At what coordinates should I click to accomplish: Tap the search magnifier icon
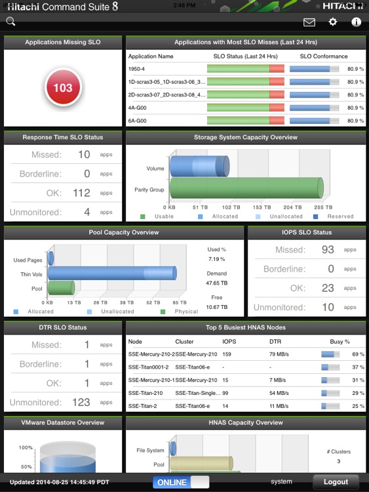[10, 21]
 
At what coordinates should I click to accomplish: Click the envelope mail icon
[309, 22]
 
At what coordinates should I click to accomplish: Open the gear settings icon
[333, 22]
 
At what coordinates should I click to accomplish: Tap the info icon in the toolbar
[357, 22]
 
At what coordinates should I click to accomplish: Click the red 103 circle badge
[63, 88]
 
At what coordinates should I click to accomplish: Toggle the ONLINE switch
[181, 482]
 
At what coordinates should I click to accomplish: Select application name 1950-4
[138, 69]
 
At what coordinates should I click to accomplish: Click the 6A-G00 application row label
[138, 121]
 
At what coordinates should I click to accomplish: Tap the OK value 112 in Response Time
[81, 193]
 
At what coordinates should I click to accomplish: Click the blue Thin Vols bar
[111, 274]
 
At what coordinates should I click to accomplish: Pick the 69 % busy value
[358, 354]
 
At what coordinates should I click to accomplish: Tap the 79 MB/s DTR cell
[281, 354]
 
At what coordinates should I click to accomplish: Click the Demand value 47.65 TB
[217, 283]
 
